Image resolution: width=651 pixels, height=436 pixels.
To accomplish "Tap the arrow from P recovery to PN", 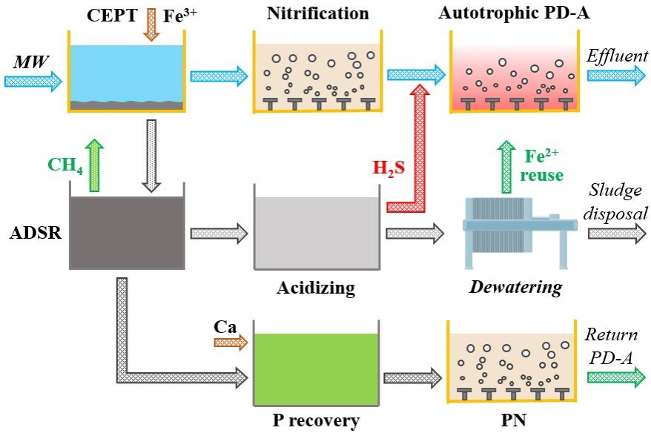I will tap(412, 376).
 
